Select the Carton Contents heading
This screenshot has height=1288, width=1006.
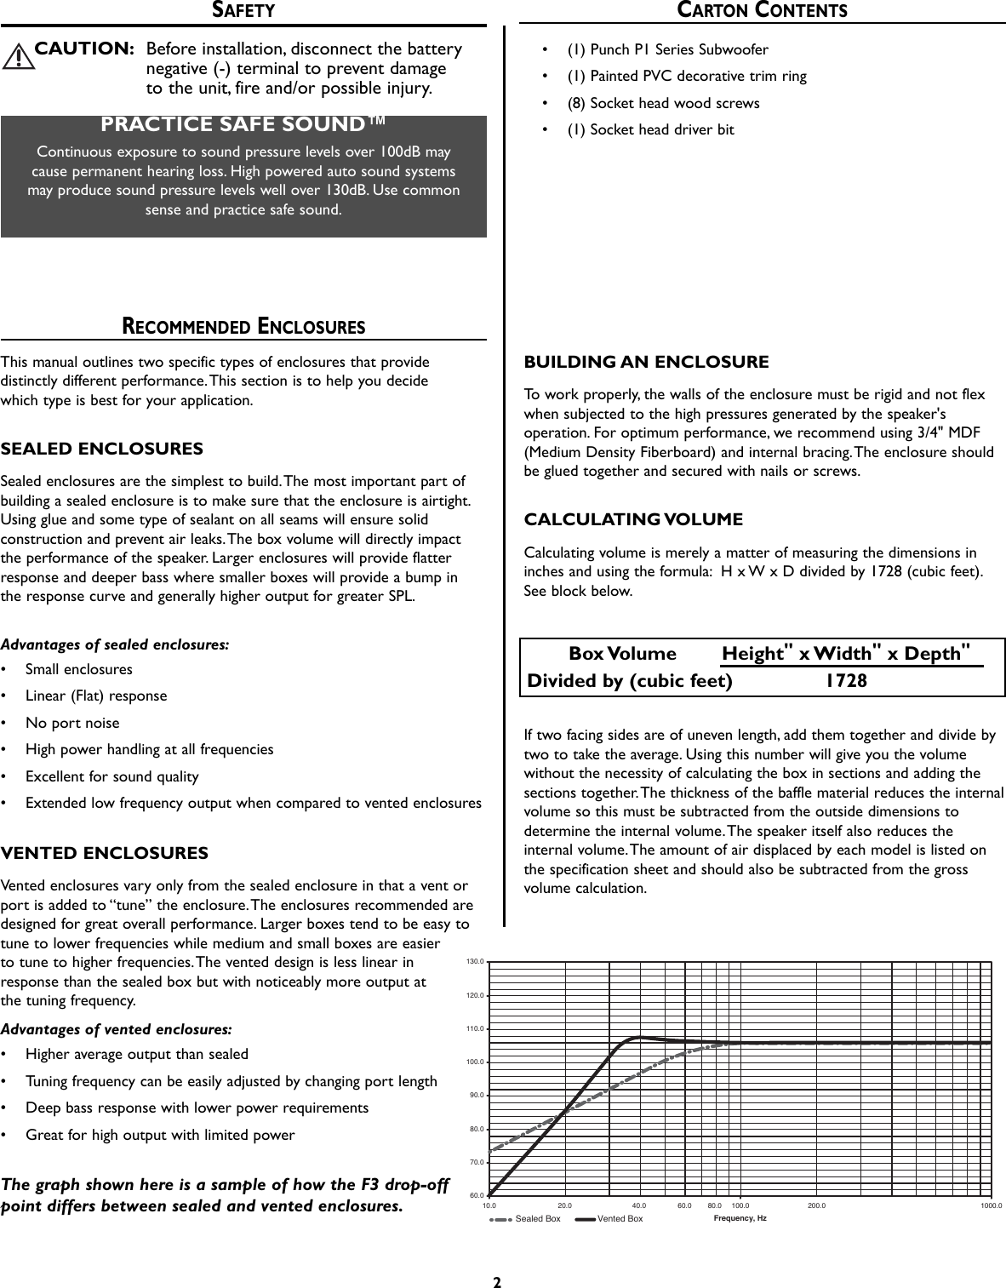coord(763,10)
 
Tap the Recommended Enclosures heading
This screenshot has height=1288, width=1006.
coord(243,326)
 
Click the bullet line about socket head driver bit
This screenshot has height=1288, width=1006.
coord(650,129)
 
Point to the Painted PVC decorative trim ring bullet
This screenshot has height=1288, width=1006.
coord(687,76)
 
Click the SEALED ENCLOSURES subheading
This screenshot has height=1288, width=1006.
coord(102,449)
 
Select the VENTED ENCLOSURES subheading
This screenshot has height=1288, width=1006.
coord(105,853)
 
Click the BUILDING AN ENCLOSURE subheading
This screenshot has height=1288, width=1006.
coord(646,362)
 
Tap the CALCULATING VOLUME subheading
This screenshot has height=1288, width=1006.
coord(633,519)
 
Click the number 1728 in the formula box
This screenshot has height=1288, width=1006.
coord(846,681)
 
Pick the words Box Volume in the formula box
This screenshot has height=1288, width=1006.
coord(622,654)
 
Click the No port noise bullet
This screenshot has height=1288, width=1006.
coord(72,723)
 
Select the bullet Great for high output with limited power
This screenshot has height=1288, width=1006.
coord(160,1135)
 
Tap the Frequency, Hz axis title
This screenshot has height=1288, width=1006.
coord(739,1218)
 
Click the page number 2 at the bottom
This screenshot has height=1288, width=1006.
coord(497,1281)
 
